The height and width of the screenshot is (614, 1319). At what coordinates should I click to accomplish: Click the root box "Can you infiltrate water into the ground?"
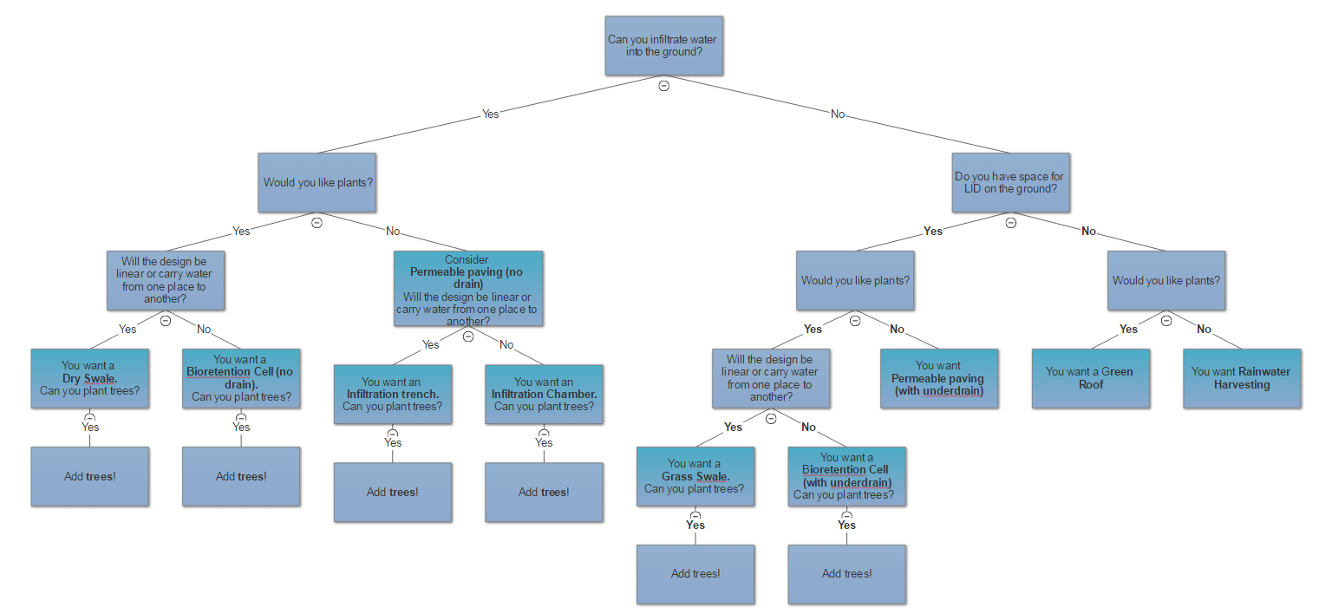[x=663, y=46]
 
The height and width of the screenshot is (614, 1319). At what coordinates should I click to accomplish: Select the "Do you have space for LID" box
[x=1010, y=183]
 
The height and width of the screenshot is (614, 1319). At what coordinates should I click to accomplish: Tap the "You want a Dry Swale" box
[x=89, y=378]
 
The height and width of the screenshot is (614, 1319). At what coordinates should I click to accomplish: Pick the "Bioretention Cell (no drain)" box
[x=241, y=378]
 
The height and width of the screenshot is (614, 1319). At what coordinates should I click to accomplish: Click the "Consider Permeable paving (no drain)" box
[x=468, y=289]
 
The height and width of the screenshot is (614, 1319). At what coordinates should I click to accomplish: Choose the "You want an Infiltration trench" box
[x=393, y=395]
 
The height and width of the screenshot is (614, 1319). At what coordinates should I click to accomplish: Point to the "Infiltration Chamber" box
[x=544, y=395]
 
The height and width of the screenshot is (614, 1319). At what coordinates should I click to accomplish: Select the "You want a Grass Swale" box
[x=695, y=476]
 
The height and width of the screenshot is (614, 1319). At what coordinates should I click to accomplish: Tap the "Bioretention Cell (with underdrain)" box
[x=846, y=476]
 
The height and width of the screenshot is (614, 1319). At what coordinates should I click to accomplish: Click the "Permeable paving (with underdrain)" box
[x=939, y=378]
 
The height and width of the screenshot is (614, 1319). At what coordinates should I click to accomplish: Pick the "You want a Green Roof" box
[x=1090, y=378]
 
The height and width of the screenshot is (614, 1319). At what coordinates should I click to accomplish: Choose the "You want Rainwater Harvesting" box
[x=1242, y=378]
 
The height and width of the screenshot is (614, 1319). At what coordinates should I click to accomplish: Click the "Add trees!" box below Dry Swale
[x=89, y=476]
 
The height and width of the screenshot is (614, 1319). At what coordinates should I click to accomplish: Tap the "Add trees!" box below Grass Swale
[x=695, y=573]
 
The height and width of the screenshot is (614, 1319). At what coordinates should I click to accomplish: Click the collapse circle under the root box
[x=663, y=86]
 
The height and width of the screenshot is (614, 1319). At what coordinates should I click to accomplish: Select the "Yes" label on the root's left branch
[x=491, y=114]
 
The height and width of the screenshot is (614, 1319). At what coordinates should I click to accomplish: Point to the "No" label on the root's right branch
[x=838, y=114]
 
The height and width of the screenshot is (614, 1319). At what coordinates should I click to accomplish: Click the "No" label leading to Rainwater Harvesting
[x=1204, y=329]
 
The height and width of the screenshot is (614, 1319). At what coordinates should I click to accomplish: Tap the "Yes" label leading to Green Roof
[x=1128, y=329]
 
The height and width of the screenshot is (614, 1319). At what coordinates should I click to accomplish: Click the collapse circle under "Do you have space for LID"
[x=1010, y=223]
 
